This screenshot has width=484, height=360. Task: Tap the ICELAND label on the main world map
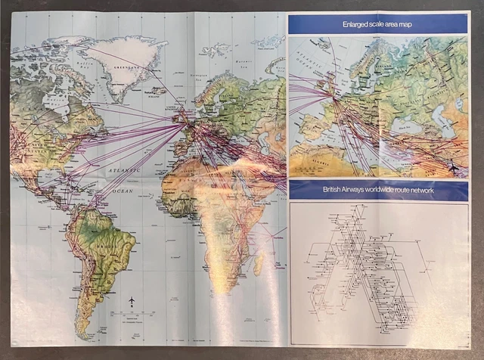pos(156,98)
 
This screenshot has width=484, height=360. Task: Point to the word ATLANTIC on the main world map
pos(119,172)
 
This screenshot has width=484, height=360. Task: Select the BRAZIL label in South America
pos(113,241)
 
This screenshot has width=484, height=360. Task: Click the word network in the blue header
pos(418,191)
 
